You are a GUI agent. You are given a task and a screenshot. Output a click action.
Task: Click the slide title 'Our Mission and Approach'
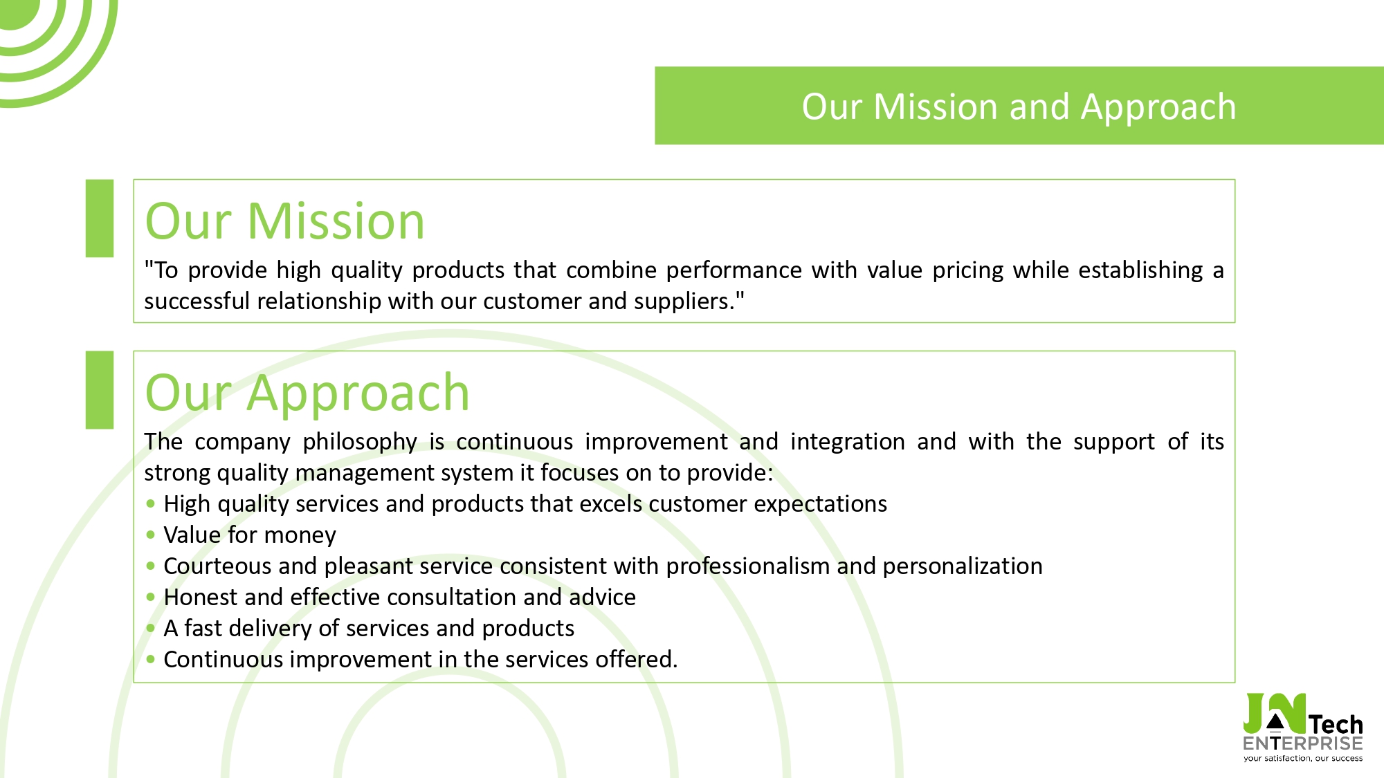point(1019,107)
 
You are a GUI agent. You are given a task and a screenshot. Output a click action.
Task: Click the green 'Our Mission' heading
point(284,221)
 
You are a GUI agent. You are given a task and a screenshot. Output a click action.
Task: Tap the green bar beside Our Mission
point(100,219)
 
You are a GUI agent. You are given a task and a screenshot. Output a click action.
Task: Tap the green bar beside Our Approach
point(100,390)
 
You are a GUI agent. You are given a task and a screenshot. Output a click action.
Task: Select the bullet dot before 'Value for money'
point(151,534)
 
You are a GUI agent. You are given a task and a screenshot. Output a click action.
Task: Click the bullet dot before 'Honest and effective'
point(151,596)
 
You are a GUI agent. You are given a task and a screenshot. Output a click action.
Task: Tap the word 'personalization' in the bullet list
point(963,566)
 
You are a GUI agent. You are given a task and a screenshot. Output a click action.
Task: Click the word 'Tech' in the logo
point(1336,724)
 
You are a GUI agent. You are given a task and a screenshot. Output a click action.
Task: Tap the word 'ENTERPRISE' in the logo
point(1303,743)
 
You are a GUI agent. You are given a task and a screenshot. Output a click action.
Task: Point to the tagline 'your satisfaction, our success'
point(1303,759)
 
